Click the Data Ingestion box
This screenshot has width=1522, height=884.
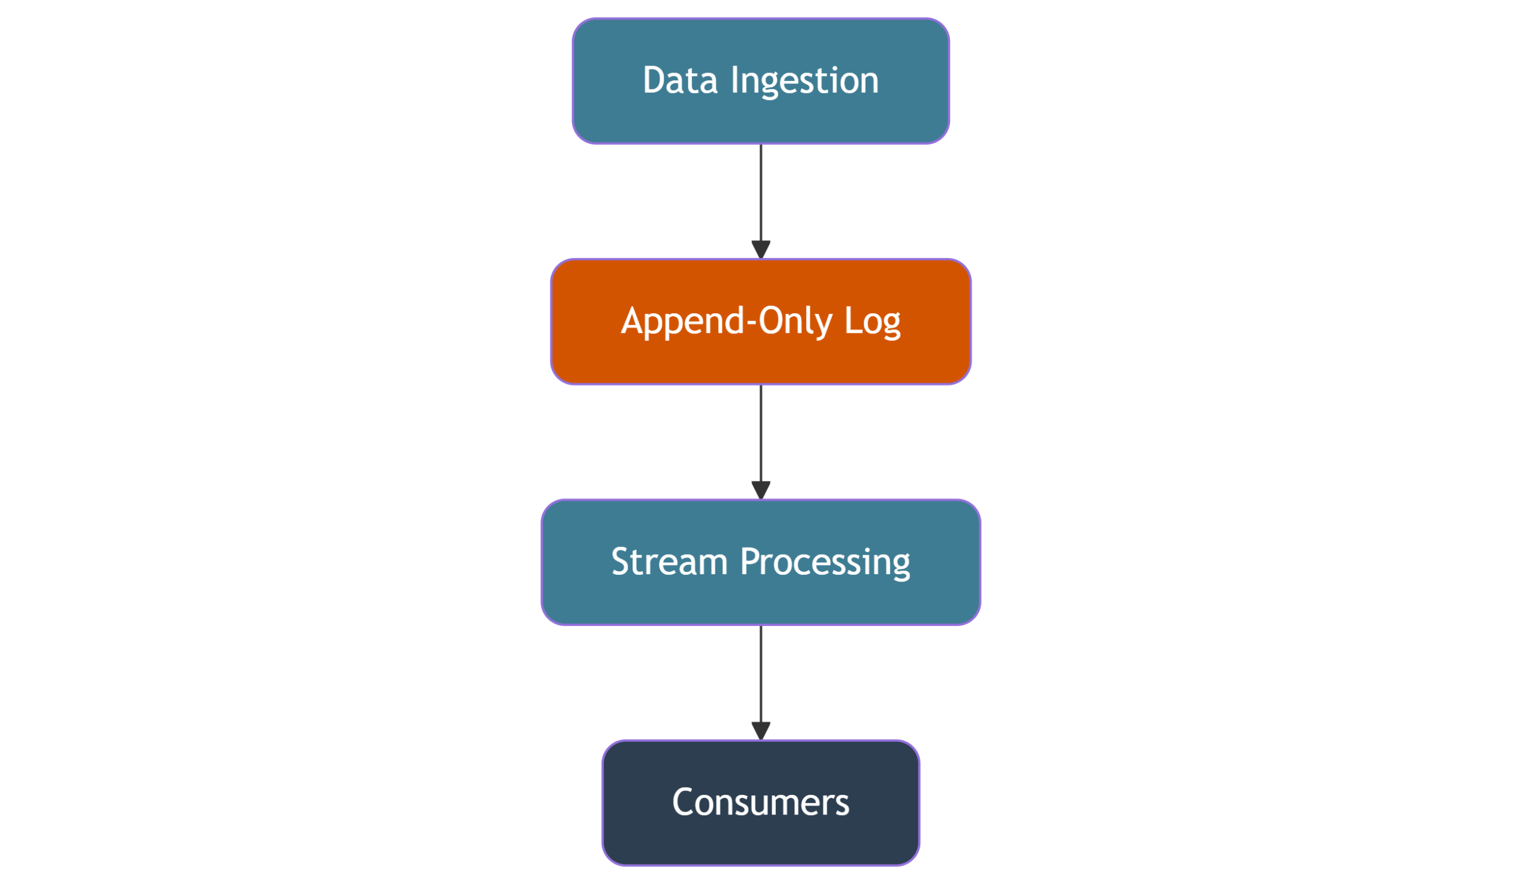click(x=761, y=81)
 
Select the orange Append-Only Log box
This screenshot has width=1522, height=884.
click(x=761, y=322)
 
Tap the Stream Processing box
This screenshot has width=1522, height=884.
click(x=761, y=563)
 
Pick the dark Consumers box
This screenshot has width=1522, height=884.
click(x=761, y=803)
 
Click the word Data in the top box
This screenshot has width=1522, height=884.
click(x=680, y=80)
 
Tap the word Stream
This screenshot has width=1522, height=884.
click(x=669, y=562)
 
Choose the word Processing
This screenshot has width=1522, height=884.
click(x=825, y=564)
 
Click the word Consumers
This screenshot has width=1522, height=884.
click(x=761, y=803)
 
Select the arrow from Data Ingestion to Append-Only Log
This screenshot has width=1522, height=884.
click(x=761, y=202)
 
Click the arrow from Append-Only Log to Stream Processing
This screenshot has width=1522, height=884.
click(x=761, y=443)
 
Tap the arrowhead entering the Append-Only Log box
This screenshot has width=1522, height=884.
click(x=761, y=250)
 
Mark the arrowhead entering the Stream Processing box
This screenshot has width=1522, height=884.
click(x=761, y=491)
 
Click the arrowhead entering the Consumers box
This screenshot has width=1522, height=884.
click(x=761, y=732)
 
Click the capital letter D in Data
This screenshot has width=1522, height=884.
click(x=655, y=80)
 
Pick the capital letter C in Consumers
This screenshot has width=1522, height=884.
click(x=683, y=803)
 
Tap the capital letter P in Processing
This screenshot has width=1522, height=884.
click(x=750, y=562)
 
